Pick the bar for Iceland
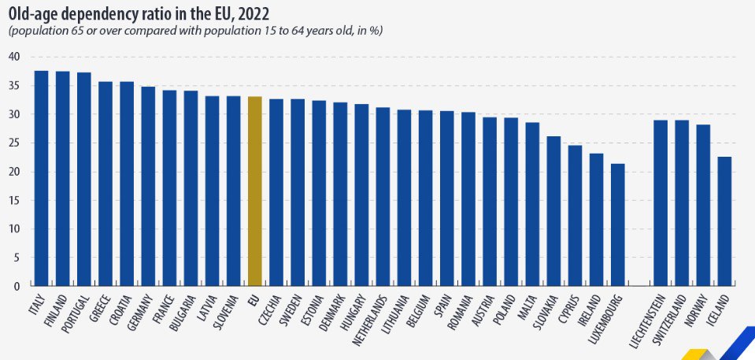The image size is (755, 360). (x=724, y=221)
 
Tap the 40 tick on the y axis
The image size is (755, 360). (x=15, y=57)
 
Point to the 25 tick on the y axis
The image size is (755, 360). (x=15, y=143)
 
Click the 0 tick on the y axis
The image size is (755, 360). (x=17, y=287)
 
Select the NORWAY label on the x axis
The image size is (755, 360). (x=701, y=308)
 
